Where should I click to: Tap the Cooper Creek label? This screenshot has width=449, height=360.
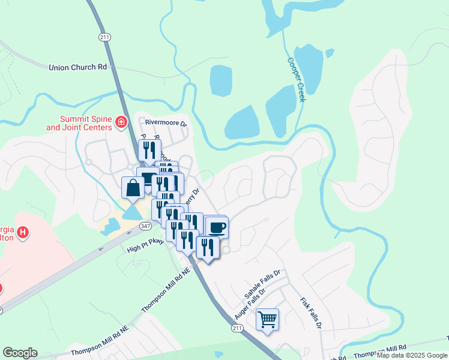click(x=296, y=79)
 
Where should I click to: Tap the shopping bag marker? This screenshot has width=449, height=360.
click(x=133, y=188)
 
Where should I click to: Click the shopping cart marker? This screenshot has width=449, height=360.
click(x=267, y=319)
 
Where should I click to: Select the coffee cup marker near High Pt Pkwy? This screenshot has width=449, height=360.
click(x=216, y=227)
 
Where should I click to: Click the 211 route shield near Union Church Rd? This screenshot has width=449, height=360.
click(x=105, y=37)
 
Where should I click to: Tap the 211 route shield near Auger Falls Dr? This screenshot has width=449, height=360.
click(x=237, y=328)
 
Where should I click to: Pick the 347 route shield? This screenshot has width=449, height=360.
click(x=145, y=226)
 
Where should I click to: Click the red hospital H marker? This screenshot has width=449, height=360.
click(x=22, y=232)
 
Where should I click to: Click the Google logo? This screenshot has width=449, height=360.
click(x=20, y=353)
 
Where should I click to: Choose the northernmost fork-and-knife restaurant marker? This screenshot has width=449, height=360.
click(x=149, y=151)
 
